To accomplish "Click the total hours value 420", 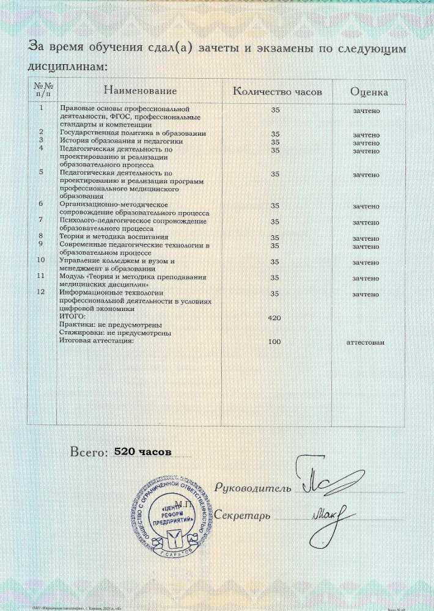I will pyautogui.click(x=275, y=318).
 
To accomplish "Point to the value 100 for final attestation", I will pyautogui.click(x=275, y=342).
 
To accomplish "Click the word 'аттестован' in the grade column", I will pyautogui.click(x=366, y=342).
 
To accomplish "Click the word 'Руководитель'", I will pyautogui.click(x=252, y=488).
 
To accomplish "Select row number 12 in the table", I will pyautogui.click(x=41, y=292).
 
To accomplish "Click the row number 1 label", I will pyautogui.click(x=41, y=108).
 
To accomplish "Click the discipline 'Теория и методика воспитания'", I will pyautogui.click(x=113, y=236).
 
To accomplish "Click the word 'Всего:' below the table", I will pyautogui.click(x=89, y=453).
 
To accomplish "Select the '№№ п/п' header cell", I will pyautogui.click(x=40, y=90).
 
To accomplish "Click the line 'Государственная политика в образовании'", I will pyautogui.click(x=132, y=133).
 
